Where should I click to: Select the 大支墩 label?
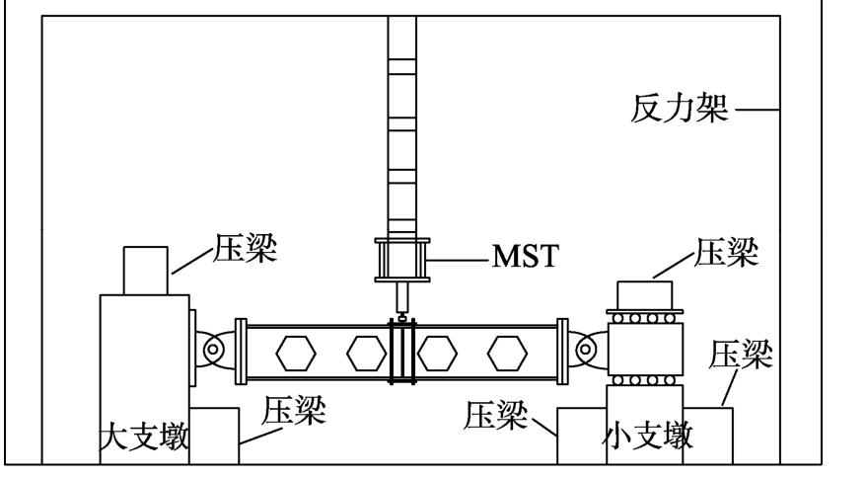145,436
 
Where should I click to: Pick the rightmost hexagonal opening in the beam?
508,352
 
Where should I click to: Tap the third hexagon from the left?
438,352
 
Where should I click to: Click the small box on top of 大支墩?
147,270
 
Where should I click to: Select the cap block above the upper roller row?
644,295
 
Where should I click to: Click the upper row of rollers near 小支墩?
644,319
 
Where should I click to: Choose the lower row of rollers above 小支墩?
644,379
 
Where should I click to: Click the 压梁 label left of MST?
246,251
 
